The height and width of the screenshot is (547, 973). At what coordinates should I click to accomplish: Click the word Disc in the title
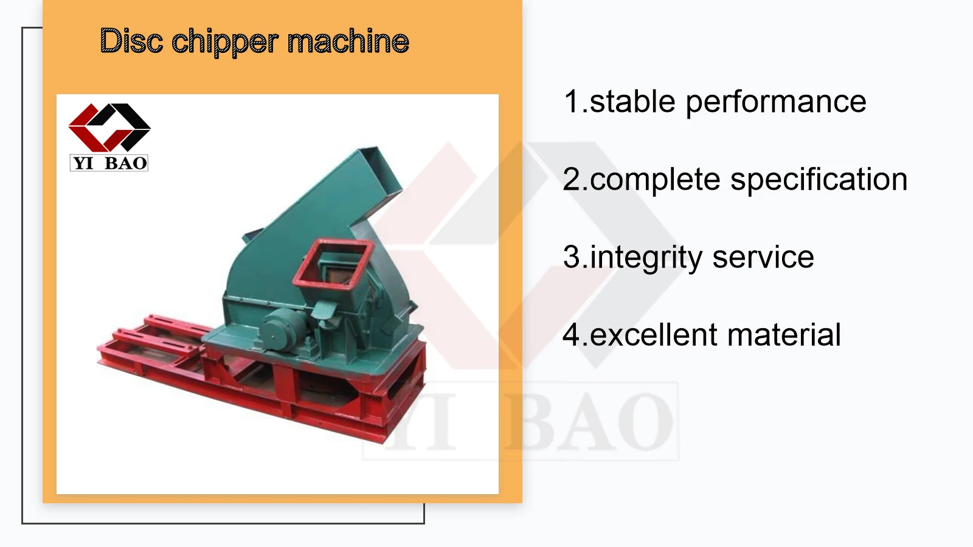(x=131, y=41)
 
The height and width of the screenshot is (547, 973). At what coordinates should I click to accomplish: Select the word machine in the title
(x=348, y=41)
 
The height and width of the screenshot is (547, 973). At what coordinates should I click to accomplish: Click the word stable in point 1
(x=632, y=101)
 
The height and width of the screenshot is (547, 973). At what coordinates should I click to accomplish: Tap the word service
(x=763, y=258)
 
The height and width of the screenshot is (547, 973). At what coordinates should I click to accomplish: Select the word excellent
(x=654, y=335)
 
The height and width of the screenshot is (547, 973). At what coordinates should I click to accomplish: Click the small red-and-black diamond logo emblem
(x=109, y=127)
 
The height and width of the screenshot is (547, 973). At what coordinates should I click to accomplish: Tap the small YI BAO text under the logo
(x=109, y=163)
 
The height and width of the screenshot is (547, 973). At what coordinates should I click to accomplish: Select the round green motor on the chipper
(x=281, y=329)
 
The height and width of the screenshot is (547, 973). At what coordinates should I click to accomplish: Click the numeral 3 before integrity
(x=572, y=257)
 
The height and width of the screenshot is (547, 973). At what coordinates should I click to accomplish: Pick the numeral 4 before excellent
(x=572, y=335)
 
